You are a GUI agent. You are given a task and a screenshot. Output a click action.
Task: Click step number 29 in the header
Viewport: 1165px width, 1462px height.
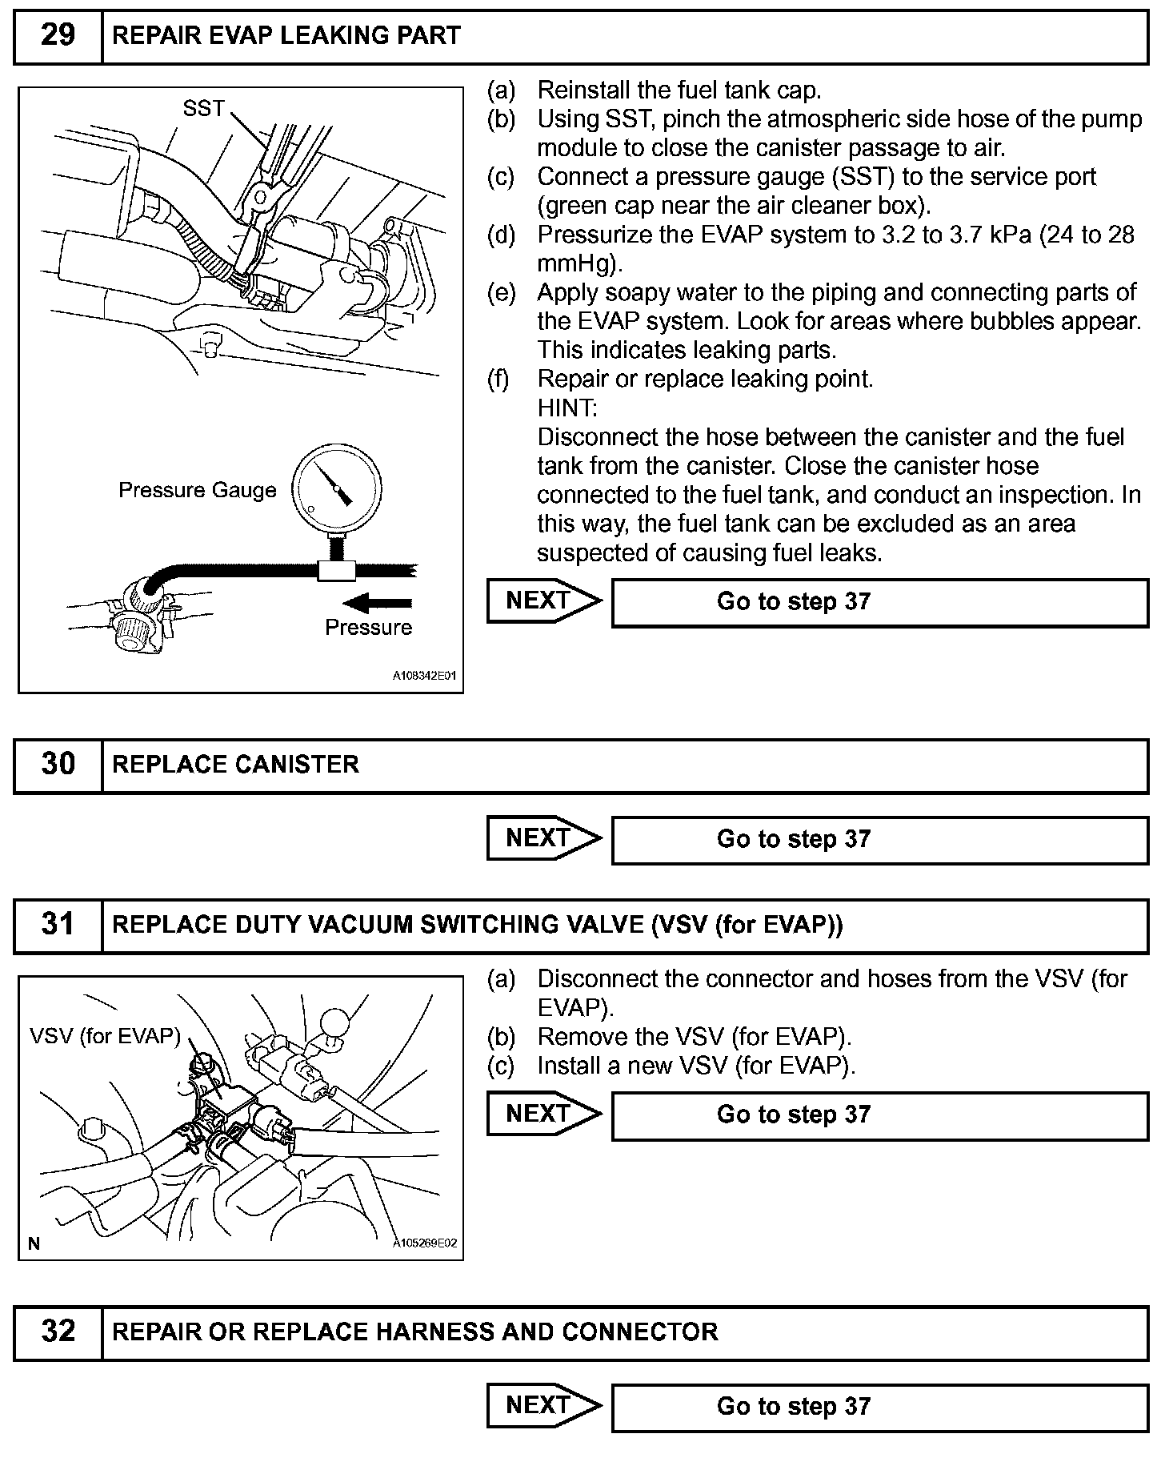click(x=58, y=36)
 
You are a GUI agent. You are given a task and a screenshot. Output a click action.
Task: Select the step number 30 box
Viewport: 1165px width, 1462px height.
click(x=58, y=765)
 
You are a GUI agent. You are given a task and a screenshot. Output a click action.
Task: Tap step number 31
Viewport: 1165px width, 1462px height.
click(x=58, y=926)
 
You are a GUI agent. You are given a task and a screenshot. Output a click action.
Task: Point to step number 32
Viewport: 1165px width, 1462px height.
click(x=58, y=1331)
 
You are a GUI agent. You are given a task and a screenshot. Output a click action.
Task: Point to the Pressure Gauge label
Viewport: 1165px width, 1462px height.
click(x=197, y=490)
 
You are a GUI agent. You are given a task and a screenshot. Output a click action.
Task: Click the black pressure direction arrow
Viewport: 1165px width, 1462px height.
click(x=376, y=603)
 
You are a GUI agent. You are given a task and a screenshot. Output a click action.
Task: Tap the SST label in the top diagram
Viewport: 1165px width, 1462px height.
click(x=204, y=108)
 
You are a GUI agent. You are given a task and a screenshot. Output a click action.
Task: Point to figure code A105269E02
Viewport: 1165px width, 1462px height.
click(x=423, y=1243)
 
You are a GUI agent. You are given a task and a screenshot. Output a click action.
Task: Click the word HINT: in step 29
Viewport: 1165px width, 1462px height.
click(x=567, y=408)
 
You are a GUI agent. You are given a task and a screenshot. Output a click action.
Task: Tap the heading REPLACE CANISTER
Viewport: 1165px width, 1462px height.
click(x=235, y=765)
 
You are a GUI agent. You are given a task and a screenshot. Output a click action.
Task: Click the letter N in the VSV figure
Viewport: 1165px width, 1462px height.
click(x=34, y=1243)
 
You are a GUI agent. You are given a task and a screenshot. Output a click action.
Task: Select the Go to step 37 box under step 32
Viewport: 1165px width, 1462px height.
click(x=879, y=1407)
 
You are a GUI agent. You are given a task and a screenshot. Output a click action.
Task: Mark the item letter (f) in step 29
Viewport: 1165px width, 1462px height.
click(x=499, y=379)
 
